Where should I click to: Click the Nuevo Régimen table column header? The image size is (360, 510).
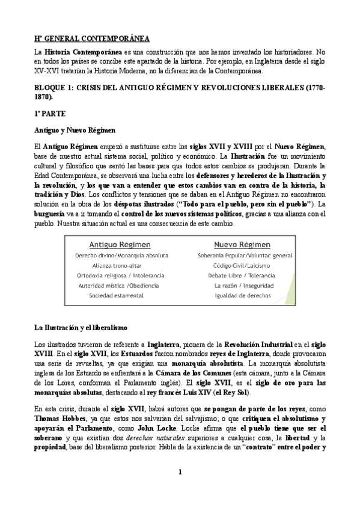[237, 245]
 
